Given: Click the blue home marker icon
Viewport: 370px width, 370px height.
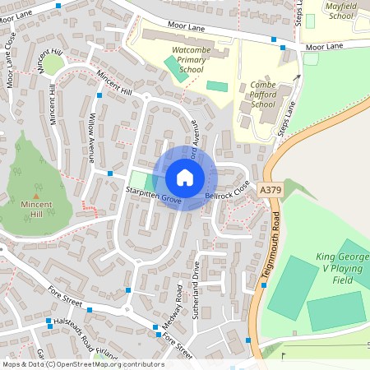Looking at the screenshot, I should [185, 178].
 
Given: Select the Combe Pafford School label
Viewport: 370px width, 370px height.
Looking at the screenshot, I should [263, 95].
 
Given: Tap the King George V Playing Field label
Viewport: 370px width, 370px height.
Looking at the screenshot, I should [341, 268].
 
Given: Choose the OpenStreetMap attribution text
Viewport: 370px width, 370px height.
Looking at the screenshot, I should [82, 364].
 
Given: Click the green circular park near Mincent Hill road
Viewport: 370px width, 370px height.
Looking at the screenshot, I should [53, 64].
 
